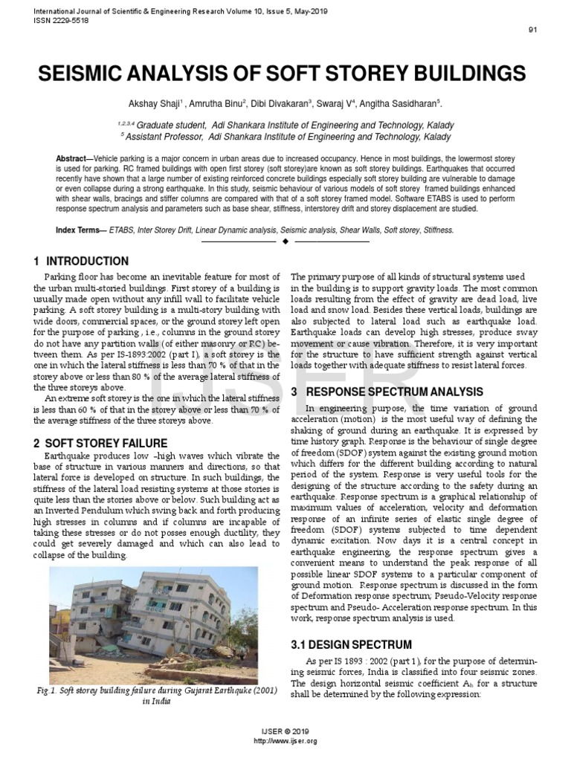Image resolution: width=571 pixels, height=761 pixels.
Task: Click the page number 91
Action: [x=532, y=30]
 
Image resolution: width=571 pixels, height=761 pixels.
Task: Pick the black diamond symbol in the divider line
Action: [x=285, y=242]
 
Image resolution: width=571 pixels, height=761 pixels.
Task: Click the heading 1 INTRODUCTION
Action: [x=81, y=262]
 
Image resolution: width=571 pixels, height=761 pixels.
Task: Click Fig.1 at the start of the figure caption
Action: [x=46, y=690]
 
